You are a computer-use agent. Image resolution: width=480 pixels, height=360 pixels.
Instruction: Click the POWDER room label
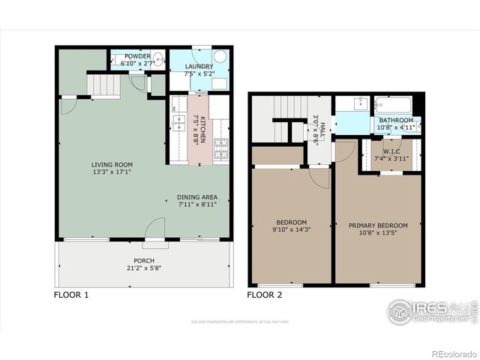[x=137, y=56]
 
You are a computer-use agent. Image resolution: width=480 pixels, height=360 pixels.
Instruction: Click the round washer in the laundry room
[x=220, y=57]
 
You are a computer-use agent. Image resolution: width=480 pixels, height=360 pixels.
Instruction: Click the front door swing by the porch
[x=156, y=227]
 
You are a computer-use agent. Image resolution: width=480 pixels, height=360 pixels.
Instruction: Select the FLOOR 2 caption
[x=265, y=295]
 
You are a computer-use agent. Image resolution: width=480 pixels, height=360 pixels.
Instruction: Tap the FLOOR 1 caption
[x=71, y=295]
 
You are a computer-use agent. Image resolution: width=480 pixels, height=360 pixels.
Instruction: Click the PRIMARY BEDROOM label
[x=378, y=225]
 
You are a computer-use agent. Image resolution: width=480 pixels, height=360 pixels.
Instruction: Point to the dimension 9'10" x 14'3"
[x=291, y=229]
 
